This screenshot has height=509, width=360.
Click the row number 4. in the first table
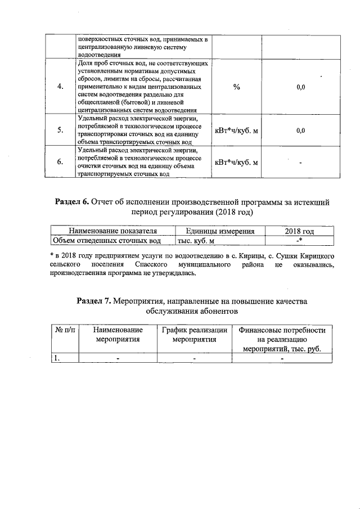[x=60, y=87]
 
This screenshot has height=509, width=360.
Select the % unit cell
[x=236, y=87]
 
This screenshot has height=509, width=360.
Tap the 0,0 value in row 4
[x=300, y=87]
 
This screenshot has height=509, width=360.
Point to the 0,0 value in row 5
[x=300, y=130]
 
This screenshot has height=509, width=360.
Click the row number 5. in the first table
[x=60, y=130]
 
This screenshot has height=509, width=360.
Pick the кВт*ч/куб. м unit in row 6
[x=236, y=163]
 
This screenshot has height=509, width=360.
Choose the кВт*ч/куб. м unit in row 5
[x=236, y=130]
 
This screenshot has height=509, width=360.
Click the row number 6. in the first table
[x=60, y=163]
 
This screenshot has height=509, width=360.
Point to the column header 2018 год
[x=299, y=231]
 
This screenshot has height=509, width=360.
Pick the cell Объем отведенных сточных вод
[x=107, y=241]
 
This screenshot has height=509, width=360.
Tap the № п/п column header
[x=65, y=331]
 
